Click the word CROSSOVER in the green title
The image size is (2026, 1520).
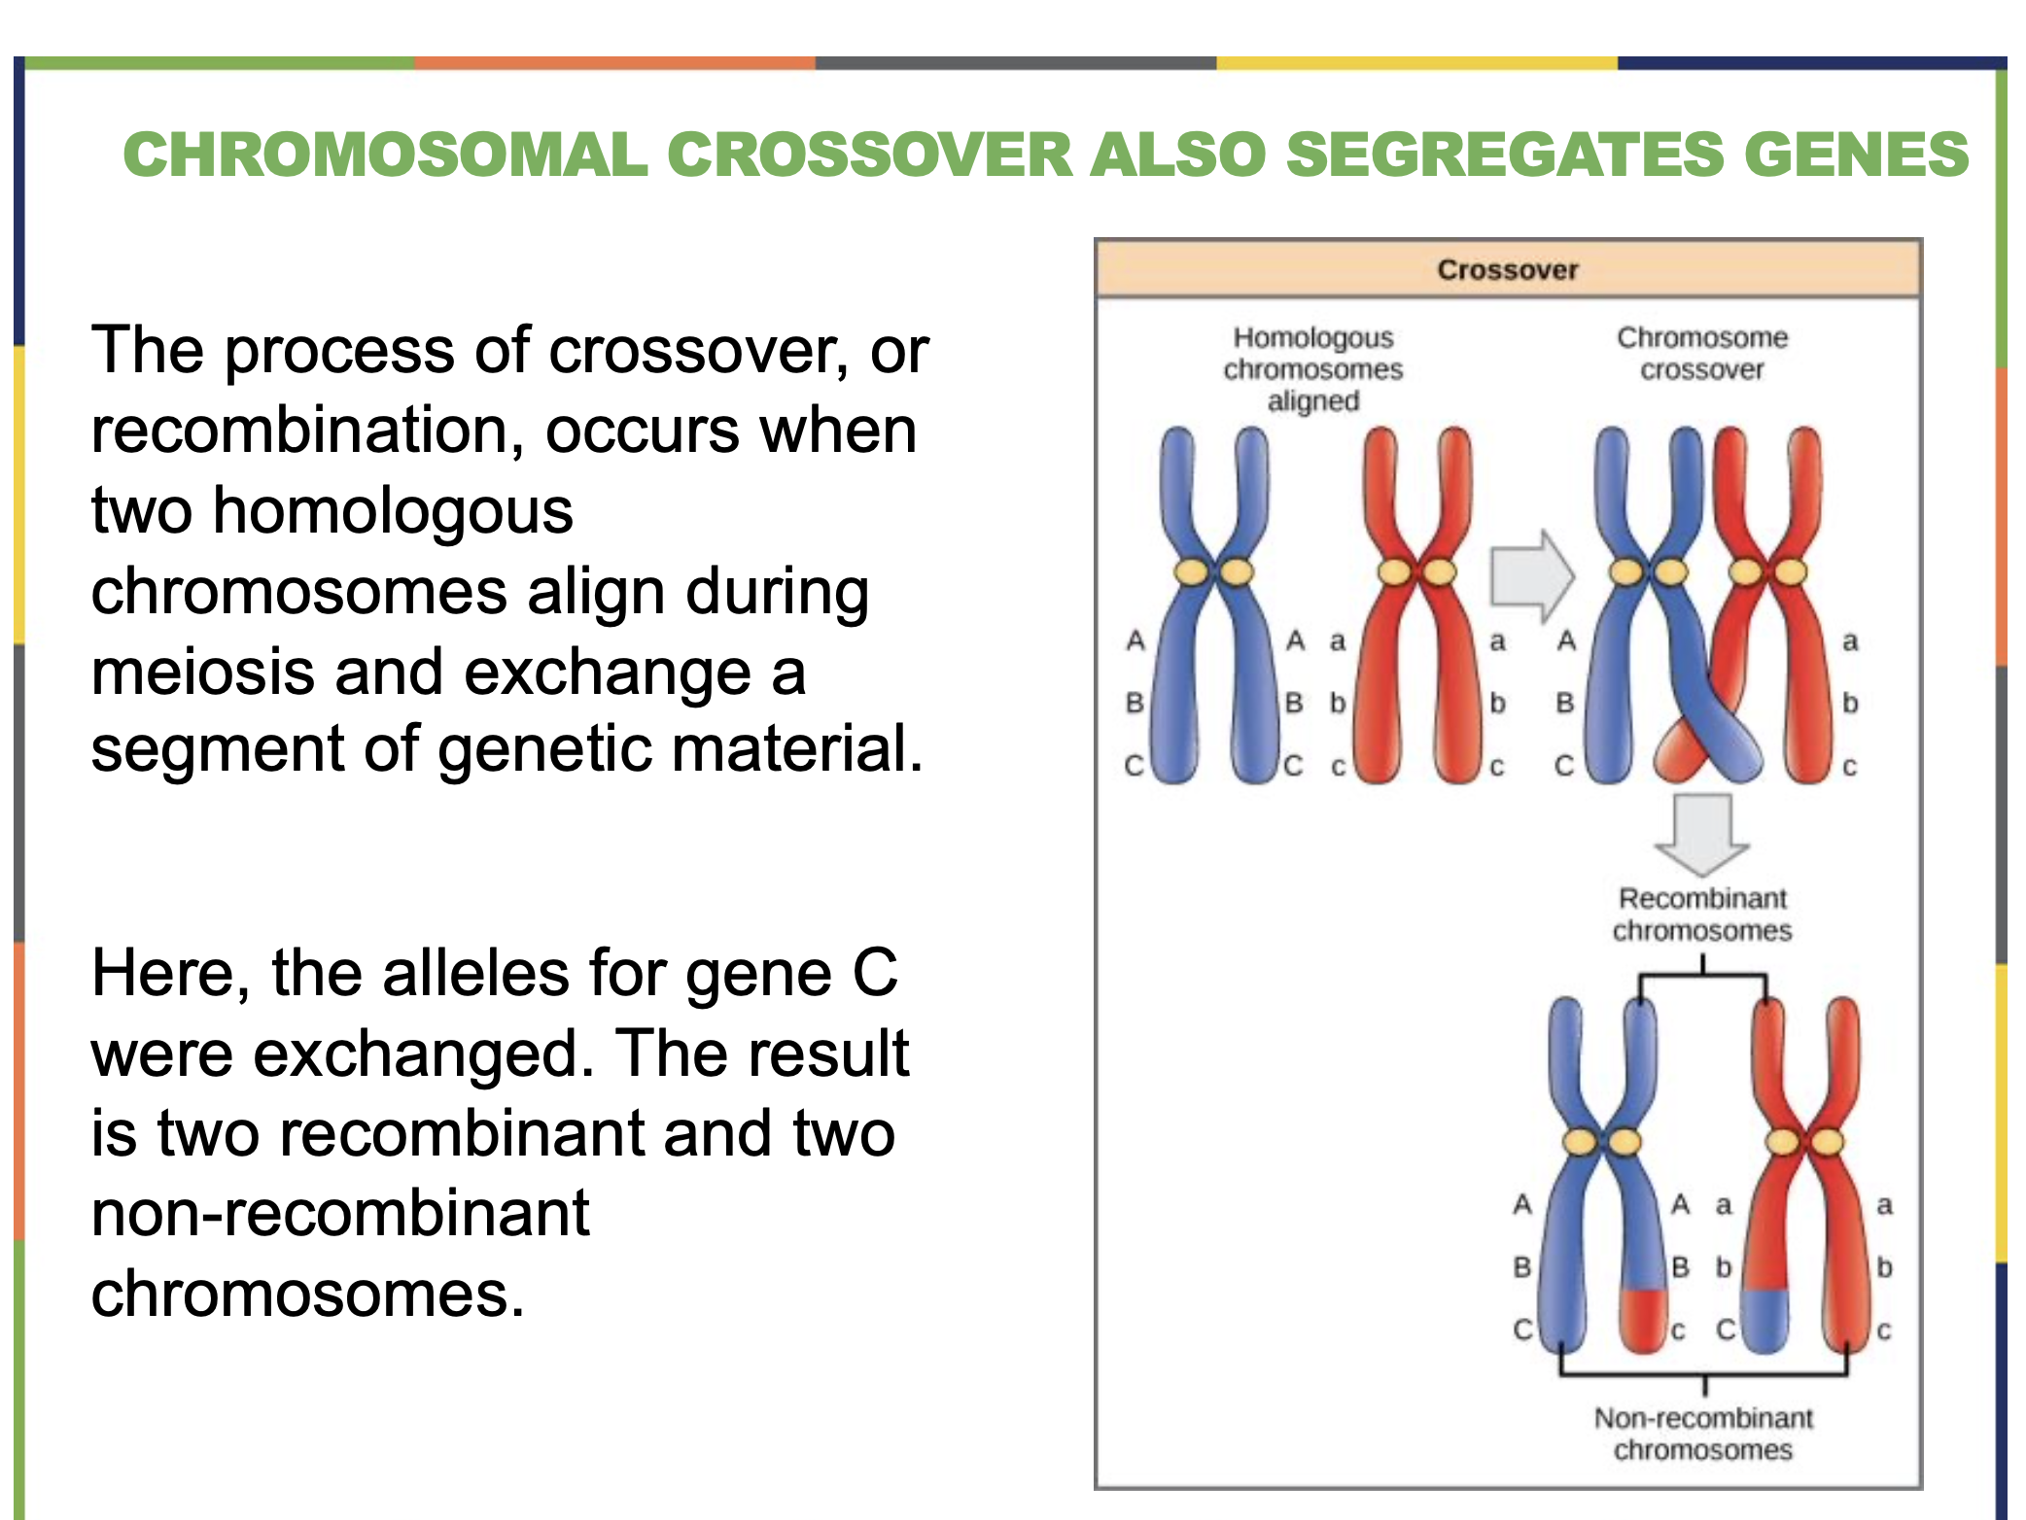pos(869,155)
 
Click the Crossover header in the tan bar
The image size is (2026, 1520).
pos(1507,269)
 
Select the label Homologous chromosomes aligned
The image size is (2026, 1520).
pos(1312,369)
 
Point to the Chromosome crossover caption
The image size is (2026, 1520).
pos(1701,354)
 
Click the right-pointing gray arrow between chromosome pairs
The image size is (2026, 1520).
pos(1531,576)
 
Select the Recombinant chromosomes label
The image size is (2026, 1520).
pos(1701,915)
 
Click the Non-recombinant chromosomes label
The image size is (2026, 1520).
pos(1703,1434)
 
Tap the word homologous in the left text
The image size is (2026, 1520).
pos(393,511)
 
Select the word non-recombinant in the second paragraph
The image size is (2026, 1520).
pos(340,1214)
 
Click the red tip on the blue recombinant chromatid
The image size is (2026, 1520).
pos(1643,1320)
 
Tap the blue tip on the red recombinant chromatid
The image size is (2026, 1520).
pos(1764,1320)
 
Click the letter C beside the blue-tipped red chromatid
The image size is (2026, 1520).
pos(1725,1330)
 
